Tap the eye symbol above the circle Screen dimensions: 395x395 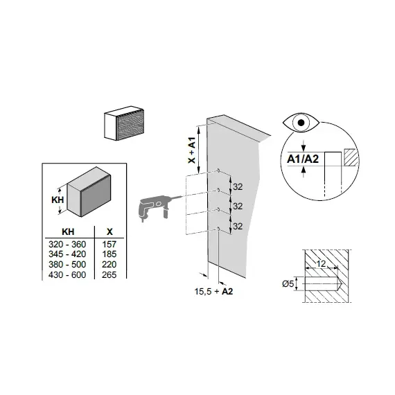click(x=301, y=123)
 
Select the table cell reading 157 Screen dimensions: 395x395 click(x=109, y=244)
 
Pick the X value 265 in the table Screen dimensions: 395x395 click(x=109, y=274)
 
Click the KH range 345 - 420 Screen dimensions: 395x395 click(x=67, y=254)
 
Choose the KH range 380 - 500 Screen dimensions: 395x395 click(x=67, y=264)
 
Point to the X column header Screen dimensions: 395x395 click(x=109, y=231)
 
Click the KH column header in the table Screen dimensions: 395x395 click(x=68, y=231)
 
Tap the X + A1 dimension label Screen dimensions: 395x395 click(x=192, y=150)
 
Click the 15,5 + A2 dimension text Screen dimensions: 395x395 click(x=213, y=292)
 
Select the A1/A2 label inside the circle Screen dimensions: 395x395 click(x=303, y=159)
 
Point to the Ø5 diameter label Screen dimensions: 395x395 click(x=288, y=284)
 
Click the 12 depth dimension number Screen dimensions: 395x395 click(x=321, y=264)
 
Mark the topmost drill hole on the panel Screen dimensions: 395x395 click(x=218, y=170)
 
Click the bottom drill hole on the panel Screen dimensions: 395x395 click(x=218, y=229)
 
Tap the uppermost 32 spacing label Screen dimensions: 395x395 click(x=238, y=186)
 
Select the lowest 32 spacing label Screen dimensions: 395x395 click(x=238, y=226)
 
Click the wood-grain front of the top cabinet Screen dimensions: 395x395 click(x=130, y=125)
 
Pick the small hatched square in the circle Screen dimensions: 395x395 click(x=350, y=157)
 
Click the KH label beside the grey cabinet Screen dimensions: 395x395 click(x=58, y=200)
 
